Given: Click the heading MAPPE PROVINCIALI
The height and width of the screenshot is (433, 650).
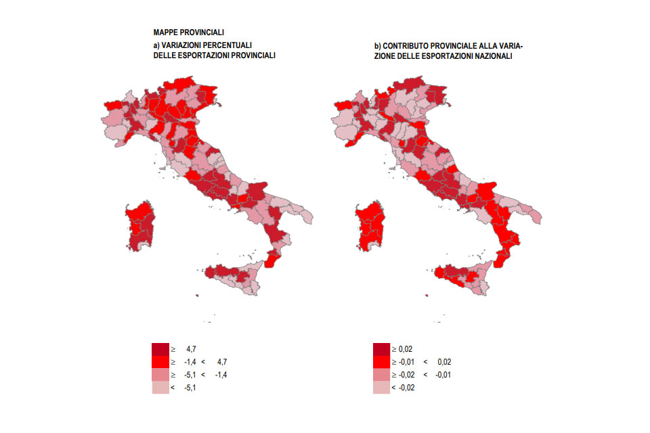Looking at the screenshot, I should coord(189,32).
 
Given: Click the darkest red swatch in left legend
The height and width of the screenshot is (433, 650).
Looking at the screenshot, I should coord(160,349).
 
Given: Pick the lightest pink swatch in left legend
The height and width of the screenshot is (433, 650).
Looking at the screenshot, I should coord(160,388).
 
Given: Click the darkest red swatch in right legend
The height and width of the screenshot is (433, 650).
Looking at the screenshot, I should coord(381,349).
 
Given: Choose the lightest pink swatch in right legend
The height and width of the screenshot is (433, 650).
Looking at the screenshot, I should coord(381,388).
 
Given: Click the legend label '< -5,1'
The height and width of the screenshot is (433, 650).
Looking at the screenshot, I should coord(184,388).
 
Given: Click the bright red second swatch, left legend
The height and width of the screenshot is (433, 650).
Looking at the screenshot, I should coord(160,362).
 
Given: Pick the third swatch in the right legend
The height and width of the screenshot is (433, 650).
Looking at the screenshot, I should coord(381,375).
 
